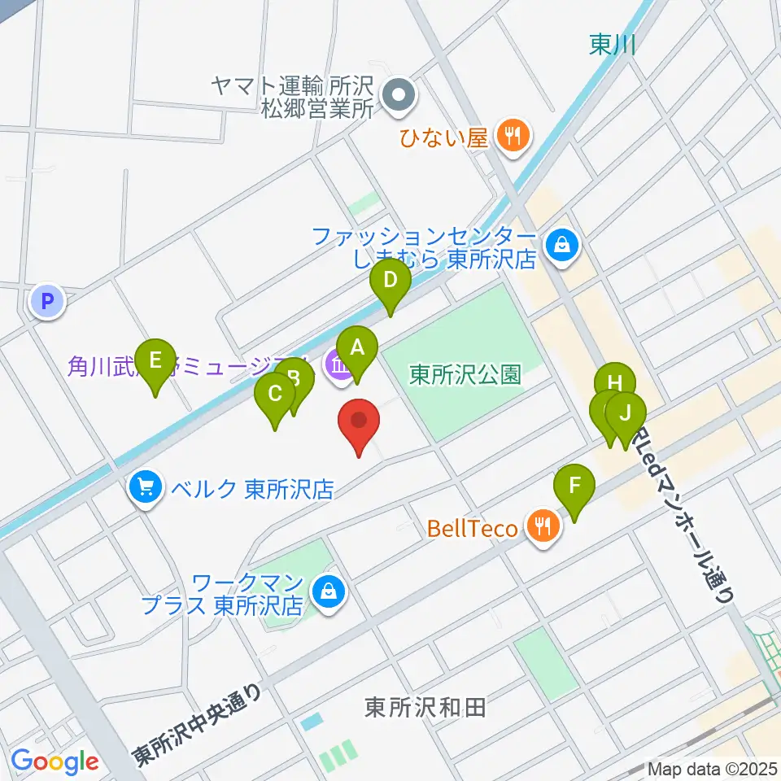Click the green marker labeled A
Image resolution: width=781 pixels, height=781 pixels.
pyautogui.click(x=356, y=348)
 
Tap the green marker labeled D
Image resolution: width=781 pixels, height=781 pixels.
pyautogui.click(x=390, y=281)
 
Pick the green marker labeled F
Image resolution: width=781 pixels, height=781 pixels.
pyautogui.click(x=574, y=486)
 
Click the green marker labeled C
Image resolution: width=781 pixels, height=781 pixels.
pyautogui.click(x=275, y=395)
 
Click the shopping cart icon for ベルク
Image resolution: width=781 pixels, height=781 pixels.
pyautogui.click(x=146, y=488)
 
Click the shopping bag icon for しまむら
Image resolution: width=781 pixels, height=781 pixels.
pyautogui.click(x=561, y=242)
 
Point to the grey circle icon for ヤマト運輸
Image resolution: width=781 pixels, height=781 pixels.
pyautogui.click(x=399, y=97)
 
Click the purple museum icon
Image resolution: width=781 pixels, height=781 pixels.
pyautogui.click(x=337, y=368)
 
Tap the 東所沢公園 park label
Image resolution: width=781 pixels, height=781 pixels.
pyautogui.click(x=465, y=374)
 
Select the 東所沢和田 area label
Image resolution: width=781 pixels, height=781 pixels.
pyautogui.click(x=425, y=707)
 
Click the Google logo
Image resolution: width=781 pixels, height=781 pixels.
pyautogui.click(x=55, y=761)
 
